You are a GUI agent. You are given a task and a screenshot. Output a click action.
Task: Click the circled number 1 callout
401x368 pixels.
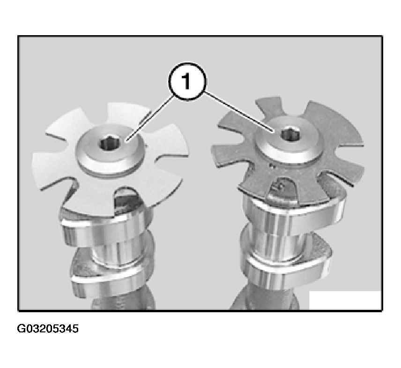(x=187, y=82)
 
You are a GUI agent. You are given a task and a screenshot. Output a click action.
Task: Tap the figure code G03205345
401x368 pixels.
(x=48, y=329)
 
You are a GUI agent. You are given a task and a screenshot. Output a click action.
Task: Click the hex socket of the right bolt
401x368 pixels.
(x=290, y=134)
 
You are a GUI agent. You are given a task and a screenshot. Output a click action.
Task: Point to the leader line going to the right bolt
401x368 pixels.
(x=238, y=113)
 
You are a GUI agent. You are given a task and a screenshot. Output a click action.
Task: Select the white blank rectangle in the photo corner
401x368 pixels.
(x=345, y=300)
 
